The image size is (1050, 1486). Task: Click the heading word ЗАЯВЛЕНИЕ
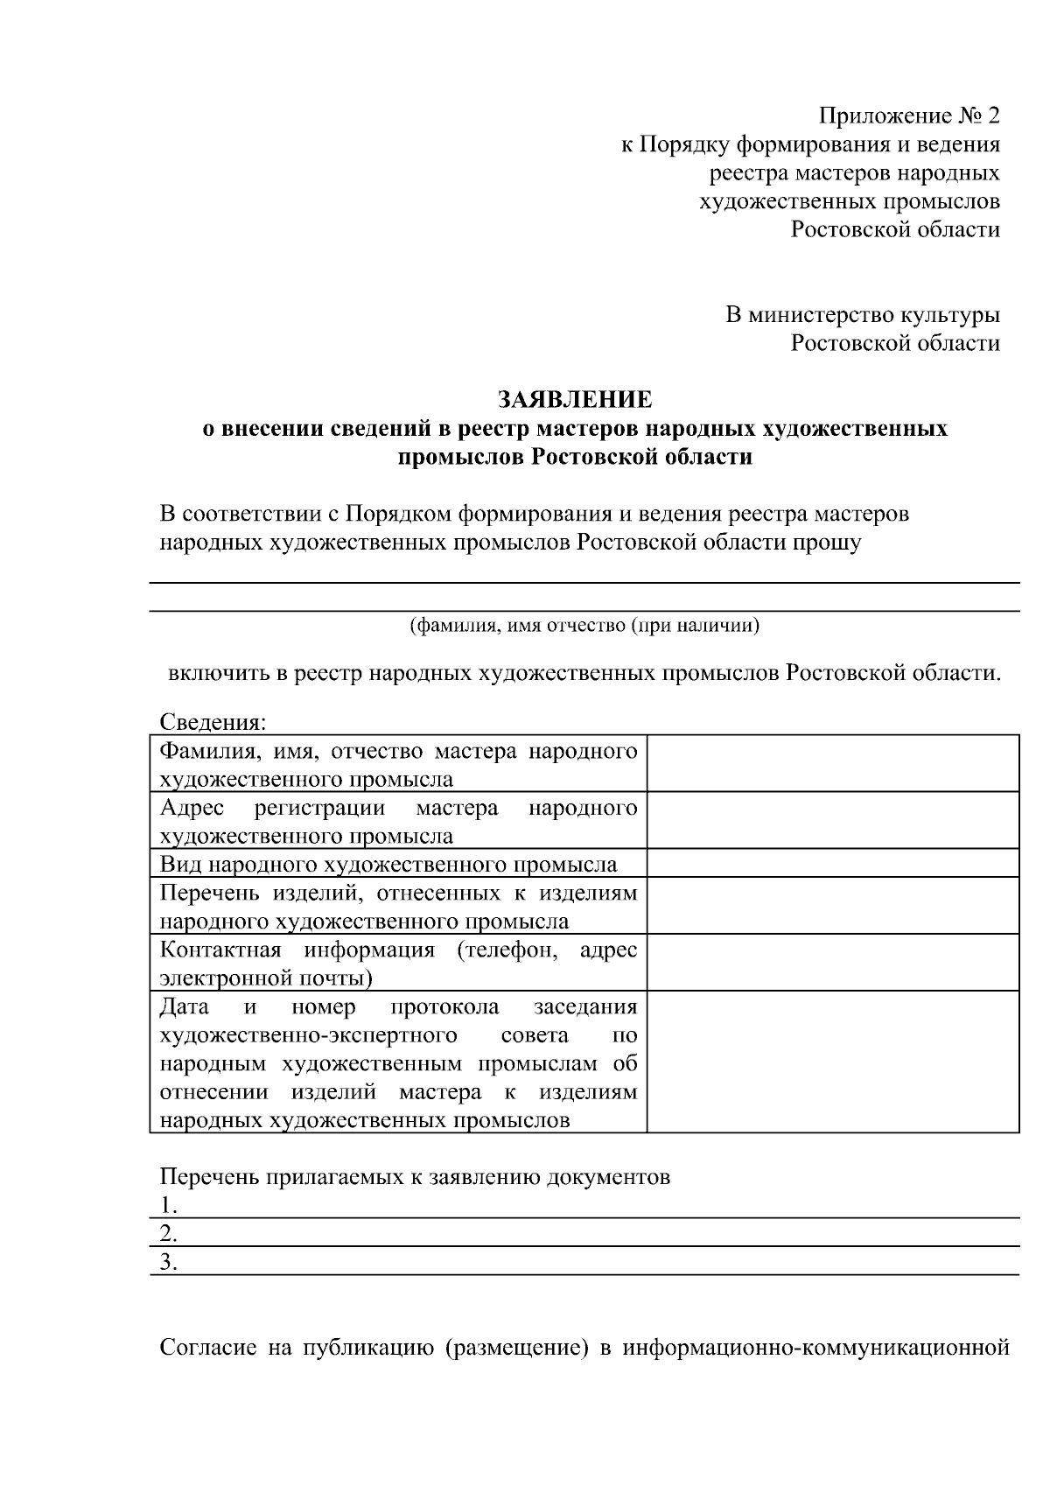point(575,400)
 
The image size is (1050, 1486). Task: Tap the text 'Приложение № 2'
point(908,116)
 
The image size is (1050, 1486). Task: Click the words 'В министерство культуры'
point(862,314)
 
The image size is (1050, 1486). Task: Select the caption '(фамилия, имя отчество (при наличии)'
point(584,626)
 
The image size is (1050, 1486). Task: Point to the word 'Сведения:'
point(212,723)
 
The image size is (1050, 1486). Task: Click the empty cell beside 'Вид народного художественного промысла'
point(832,864)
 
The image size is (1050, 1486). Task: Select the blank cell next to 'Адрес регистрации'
point(832,821)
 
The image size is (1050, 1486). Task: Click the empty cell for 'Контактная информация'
point(832,963)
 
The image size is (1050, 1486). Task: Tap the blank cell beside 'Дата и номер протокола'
point(832,1062)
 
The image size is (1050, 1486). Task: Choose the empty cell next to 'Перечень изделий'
point(832,906)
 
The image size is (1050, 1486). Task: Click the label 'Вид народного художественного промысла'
point(388,865)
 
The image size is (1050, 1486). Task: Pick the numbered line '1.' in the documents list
point(169,1206)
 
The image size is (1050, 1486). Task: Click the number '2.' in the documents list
point(169,1234)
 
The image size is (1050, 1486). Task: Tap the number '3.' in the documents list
point(169,1262)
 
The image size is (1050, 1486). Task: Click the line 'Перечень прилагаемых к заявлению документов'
point(415,1177)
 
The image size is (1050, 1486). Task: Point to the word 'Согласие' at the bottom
point(208,1347)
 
